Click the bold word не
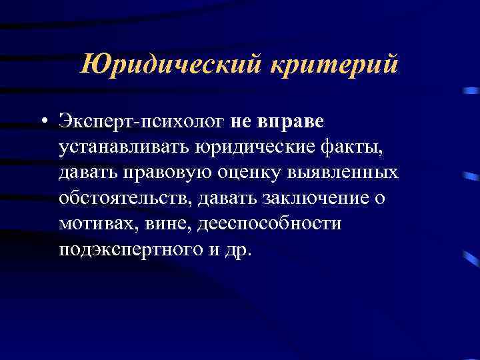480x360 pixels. click(244, 122)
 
